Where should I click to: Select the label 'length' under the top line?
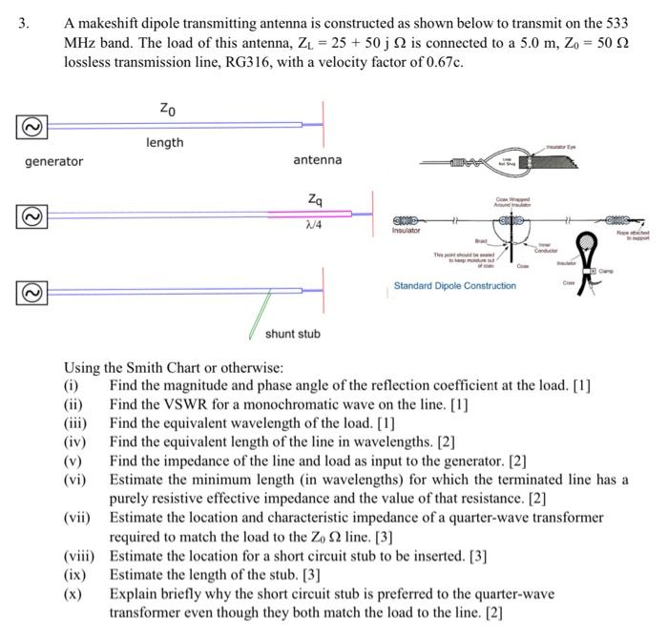click(x=164, y=142)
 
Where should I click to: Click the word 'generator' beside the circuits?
click(x=53, y=161)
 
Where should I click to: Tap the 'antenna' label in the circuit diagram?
click(x=317, y=159)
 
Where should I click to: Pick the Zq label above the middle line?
click(x=316, y=199)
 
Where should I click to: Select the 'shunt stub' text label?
click(x=292, y=333)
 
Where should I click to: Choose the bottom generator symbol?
click(x=30, y=288)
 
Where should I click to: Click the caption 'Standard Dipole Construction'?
click(x=454, y=286)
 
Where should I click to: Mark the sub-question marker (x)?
click(x=73, y=593)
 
